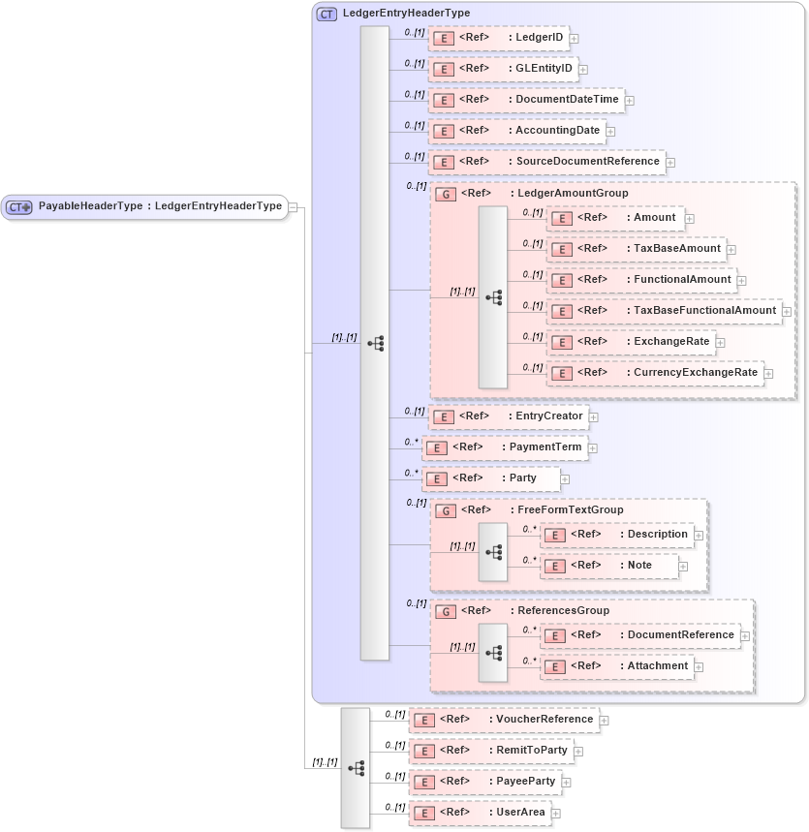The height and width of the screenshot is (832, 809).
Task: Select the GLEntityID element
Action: click(502, 69)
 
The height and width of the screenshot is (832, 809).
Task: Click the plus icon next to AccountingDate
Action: click(610, 131)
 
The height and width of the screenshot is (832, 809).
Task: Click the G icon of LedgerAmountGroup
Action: click(446, 194)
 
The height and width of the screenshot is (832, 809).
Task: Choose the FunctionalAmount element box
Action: click(640, 280)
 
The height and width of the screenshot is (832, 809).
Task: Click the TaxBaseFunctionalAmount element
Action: click(664, 311)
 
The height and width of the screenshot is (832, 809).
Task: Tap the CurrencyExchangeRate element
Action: click(654, 373)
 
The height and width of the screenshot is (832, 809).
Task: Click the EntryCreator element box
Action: click(509, 416)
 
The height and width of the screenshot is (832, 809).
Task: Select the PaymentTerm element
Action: click(505, 447)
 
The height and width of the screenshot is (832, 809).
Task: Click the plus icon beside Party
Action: click(565, 479)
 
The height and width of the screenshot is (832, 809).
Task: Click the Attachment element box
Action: click(616, 666)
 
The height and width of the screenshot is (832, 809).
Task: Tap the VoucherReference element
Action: click(503, 720)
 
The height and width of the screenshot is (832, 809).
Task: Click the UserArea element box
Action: click(481, 813)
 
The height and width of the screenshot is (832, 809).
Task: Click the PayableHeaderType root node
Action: click(145, 206)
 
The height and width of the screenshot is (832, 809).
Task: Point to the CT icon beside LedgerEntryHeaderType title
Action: click(327, 14)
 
